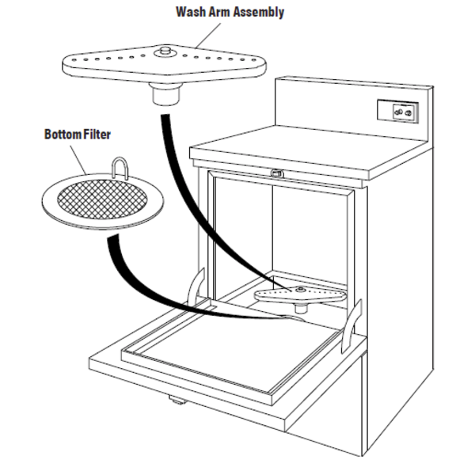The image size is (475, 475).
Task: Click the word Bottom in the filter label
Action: [x=63, y=135]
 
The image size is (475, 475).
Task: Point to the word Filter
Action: [x=97, y=135]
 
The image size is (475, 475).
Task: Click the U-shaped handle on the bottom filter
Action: [x=120, y=168]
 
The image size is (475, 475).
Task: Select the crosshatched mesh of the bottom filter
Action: [x=102, y=199]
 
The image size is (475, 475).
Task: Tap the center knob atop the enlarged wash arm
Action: [x=165, y=51]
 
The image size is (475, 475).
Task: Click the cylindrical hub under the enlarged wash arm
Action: [x=165, y=94]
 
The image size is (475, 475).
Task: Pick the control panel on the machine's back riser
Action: [x=398, y=111]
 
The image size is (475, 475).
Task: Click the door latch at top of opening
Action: [x=276, y=173]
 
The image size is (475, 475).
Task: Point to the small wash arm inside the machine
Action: [x=300, y=294]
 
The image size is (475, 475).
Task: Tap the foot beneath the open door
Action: [x=176, y=400]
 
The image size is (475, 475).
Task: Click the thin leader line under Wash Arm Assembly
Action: [x=209, y=35]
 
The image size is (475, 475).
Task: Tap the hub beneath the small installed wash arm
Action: [x=301, y=309]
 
